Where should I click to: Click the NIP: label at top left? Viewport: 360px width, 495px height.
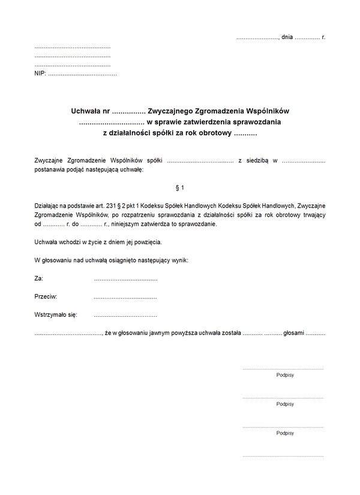click(40, 74)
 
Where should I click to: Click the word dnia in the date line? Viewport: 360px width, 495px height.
click(287, 37)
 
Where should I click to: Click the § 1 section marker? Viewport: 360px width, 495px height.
click(180, 187)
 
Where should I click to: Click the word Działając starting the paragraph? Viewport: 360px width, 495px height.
click(48, 205)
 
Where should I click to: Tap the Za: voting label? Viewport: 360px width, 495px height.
click(39, 279)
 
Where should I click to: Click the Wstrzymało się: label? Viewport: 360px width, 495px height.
click(56, 314)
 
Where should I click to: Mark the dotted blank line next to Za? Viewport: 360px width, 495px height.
click(125, 280)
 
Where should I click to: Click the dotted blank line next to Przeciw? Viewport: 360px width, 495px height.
click(125, 298)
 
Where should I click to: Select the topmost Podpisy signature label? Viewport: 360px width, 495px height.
click(285, 375)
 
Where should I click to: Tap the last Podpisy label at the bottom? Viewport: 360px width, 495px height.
click(285, 433)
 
